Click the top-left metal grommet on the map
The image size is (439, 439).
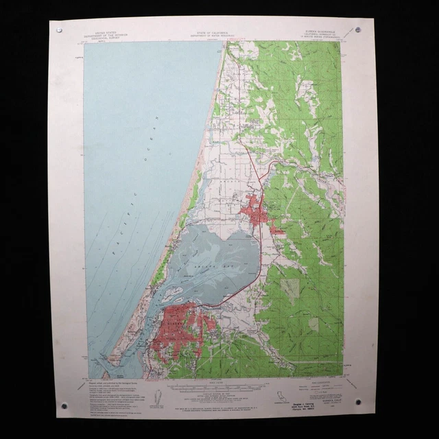[58, 30]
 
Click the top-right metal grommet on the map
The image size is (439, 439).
[358, 29]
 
